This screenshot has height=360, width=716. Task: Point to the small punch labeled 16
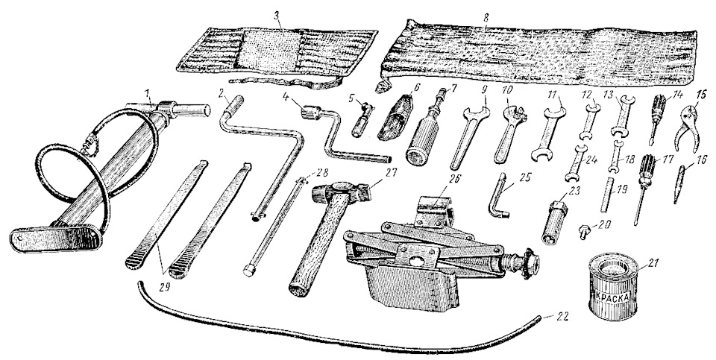coord(678,185)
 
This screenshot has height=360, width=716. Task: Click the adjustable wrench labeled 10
coord(507,133)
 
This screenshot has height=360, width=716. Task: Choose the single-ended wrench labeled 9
coord(470,136)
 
